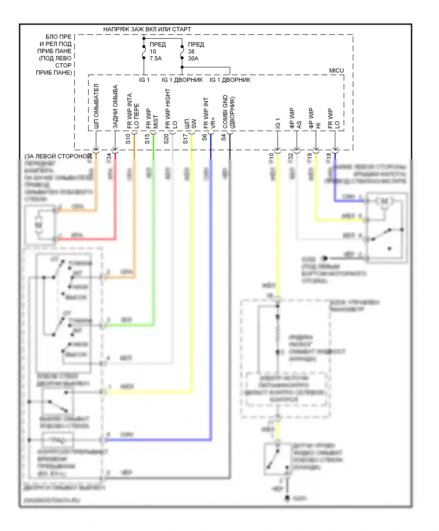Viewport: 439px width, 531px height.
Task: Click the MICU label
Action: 336,71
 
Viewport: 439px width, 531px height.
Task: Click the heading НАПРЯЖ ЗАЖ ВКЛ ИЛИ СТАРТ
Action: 147,29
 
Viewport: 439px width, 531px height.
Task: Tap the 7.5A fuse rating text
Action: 155,59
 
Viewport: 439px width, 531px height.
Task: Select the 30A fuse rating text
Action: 193,59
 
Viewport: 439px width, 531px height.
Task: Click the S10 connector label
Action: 128,139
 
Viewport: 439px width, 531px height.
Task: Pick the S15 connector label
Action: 147,139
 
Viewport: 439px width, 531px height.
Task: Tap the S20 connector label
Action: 166,139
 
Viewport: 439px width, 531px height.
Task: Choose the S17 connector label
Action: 185,139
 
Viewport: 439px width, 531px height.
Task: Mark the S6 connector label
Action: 205,137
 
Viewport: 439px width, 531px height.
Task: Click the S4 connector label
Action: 224,137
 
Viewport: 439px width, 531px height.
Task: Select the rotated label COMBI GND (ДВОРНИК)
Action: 229,112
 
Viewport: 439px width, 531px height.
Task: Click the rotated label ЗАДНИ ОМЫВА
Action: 115,107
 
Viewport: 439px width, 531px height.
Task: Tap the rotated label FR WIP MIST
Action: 152,119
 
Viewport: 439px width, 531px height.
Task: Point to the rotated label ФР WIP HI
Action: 315,119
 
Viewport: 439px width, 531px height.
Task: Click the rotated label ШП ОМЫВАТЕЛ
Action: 96,106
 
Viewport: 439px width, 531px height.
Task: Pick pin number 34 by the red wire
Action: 109,156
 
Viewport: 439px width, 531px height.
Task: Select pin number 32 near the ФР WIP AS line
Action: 291,156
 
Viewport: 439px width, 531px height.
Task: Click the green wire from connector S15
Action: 153,234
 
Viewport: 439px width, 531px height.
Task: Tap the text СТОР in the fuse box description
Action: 63,65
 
